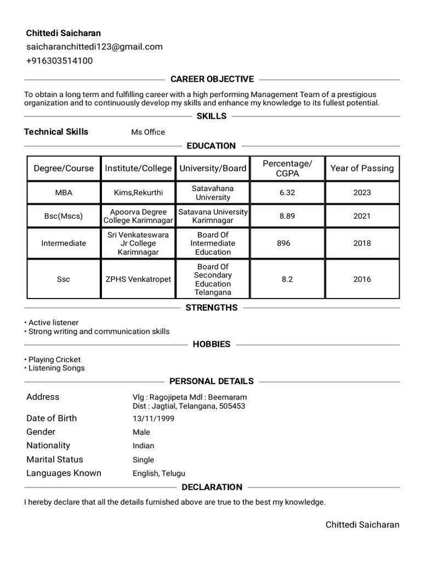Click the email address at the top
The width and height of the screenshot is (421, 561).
coord(94,47)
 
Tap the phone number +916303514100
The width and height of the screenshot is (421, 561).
coord(59,61)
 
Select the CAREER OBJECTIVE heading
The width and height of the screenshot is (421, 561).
coord(212,79)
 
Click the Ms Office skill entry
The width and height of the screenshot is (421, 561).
coord(148,132)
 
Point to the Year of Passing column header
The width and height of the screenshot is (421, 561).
coord(362,168)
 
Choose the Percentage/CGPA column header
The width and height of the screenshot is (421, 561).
coord(287,168)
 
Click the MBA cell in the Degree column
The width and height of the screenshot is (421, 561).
coord(64,192)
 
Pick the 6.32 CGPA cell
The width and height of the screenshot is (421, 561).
coord(287,192)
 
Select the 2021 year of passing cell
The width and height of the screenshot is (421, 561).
coord(362,216)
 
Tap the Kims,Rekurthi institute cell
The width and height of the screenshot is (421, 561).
coord(138,192)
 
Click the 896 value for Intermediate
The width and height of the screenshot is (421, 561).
coord(284,243)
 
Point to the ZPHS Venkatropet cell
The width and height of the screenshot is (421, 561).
coord(138,279)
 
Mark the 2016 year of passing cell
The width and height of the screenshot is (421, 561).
coord(362,279)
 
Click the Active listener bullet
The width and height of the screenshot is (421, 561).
coord(53,323)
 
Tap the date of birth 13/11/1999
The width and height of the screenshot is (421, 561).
coord(153,419)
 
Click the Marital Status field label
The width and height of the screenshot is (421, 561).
coord(55,459)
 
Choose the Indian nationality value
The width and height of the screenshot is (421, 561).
coord(144,446)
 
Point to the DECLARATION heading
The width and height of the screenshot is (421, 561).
coord(212,487)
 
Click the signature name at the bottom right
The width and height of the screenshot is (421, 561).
coord(362,525)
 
